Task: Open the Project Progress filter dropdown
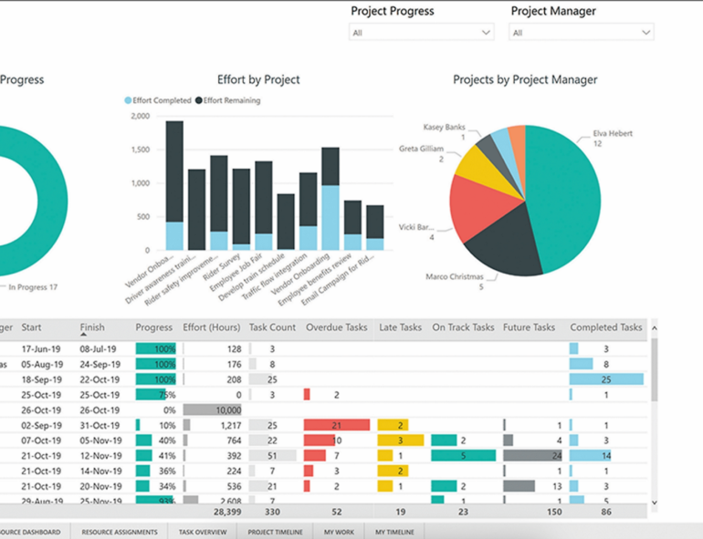coord(421,33)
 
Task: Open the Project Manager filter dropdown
coord(581,33)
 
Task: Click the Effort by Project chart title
coord(258,80)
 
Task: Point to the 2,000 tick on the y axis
coord(140,117)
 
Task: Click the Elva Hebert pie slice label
coord(612,133)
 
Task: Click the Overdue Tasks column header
coord(337,327)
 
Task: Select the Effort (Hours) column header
coord(212,327)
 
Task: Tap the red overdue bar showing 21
coord(336,425)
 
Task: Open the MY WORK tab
coord(340,532)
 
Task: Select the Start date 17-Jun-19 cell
coord(41,348)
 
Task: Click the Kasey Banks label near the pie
coord(445,127)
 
